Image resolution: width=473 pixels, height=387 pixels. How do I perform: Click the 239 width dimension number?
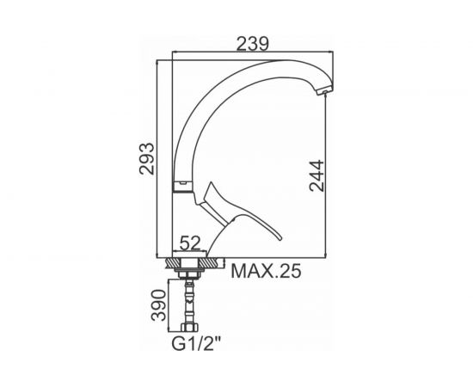252,44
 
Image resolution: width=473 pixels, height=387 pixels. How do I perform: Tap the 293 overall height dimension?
147,158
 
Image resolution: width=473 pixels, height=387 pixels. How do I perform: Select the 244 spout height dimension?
316,175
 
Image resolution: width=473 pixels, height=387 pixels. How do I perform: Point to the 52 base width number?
190,243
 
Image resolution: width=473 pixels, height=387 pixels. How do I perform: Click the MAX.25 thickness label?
266,271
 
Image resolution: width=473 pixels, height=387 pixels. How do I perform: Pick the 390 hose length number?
159,305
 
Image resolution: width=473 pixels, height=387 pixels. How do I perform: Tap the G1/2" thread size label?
196,343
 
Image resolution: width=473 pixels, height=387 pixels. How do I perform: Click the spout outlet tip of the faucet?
324,91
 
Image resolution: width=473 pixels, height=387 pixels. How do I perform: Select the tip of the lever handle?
281,238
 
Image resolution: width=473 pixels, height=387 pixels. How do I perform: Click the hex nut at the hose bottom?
189,328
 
